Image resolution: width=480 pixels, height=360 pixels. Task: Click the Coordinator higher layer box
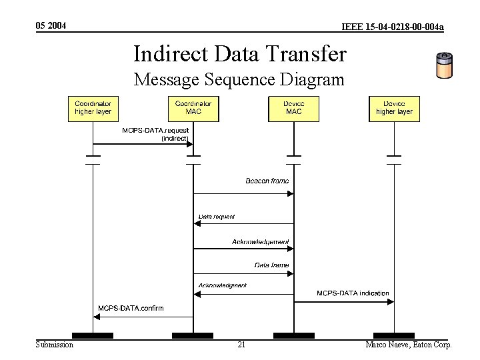click(x=93, y=108)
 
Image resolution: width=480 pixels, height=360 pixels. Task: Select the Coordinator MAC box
click(x=193, y=108)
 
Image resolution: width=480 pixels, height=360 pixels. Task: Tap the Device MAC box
click(x=293, y=108)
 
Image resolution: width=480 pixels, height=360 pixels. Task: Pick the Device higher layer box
click(x=394, y=108)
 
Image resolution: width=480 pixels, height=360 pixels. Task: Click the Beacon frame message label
click(x=267, y=181)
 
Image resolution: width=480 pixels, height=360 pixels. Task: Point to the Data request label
click(x=217, y=217)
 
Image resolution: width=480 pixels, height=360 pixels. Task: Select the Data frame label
click(x=271, y=265)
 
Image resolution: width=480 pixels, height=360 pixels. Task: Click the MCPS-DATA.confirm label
click(x=131, y=308)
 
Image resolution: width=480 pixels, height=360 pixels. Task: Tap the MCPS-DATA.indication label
click(x=353, y=293)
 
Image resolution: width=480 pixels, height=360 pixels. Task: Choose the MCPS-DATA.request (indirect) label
click(x=155, y=134)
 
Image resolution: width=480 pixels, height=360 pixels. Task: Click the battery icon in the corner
click(x=444, y=65)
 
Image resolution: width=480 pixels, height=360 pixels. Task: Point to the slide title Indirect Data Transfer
click(x=240, y=53)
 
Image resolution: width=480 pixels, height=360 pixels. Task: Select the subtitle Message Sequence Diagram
click(x=239, y=80)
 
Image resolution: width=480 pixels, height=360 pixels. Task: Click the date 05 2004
click(x=51, y=25)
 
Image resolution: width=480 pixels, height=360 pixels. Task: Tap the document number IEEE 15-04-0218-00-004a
click(x=393, y=27)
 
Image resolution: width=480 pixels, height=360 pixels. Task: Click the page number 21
click(x=241, y=345)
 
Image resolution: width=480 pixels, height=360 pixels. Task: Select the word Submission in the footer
click(x=54, y=345)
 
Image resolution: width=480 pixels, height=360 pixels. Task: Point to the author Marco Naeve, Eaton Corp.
click(x=409, y=345)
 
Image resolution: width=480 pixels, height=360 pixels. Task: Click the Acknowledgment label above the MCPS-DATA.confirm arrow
click(x=222, y=285)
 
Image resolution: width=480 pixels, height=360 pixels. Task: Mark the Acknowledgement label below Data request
click(x=261, y=241)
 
